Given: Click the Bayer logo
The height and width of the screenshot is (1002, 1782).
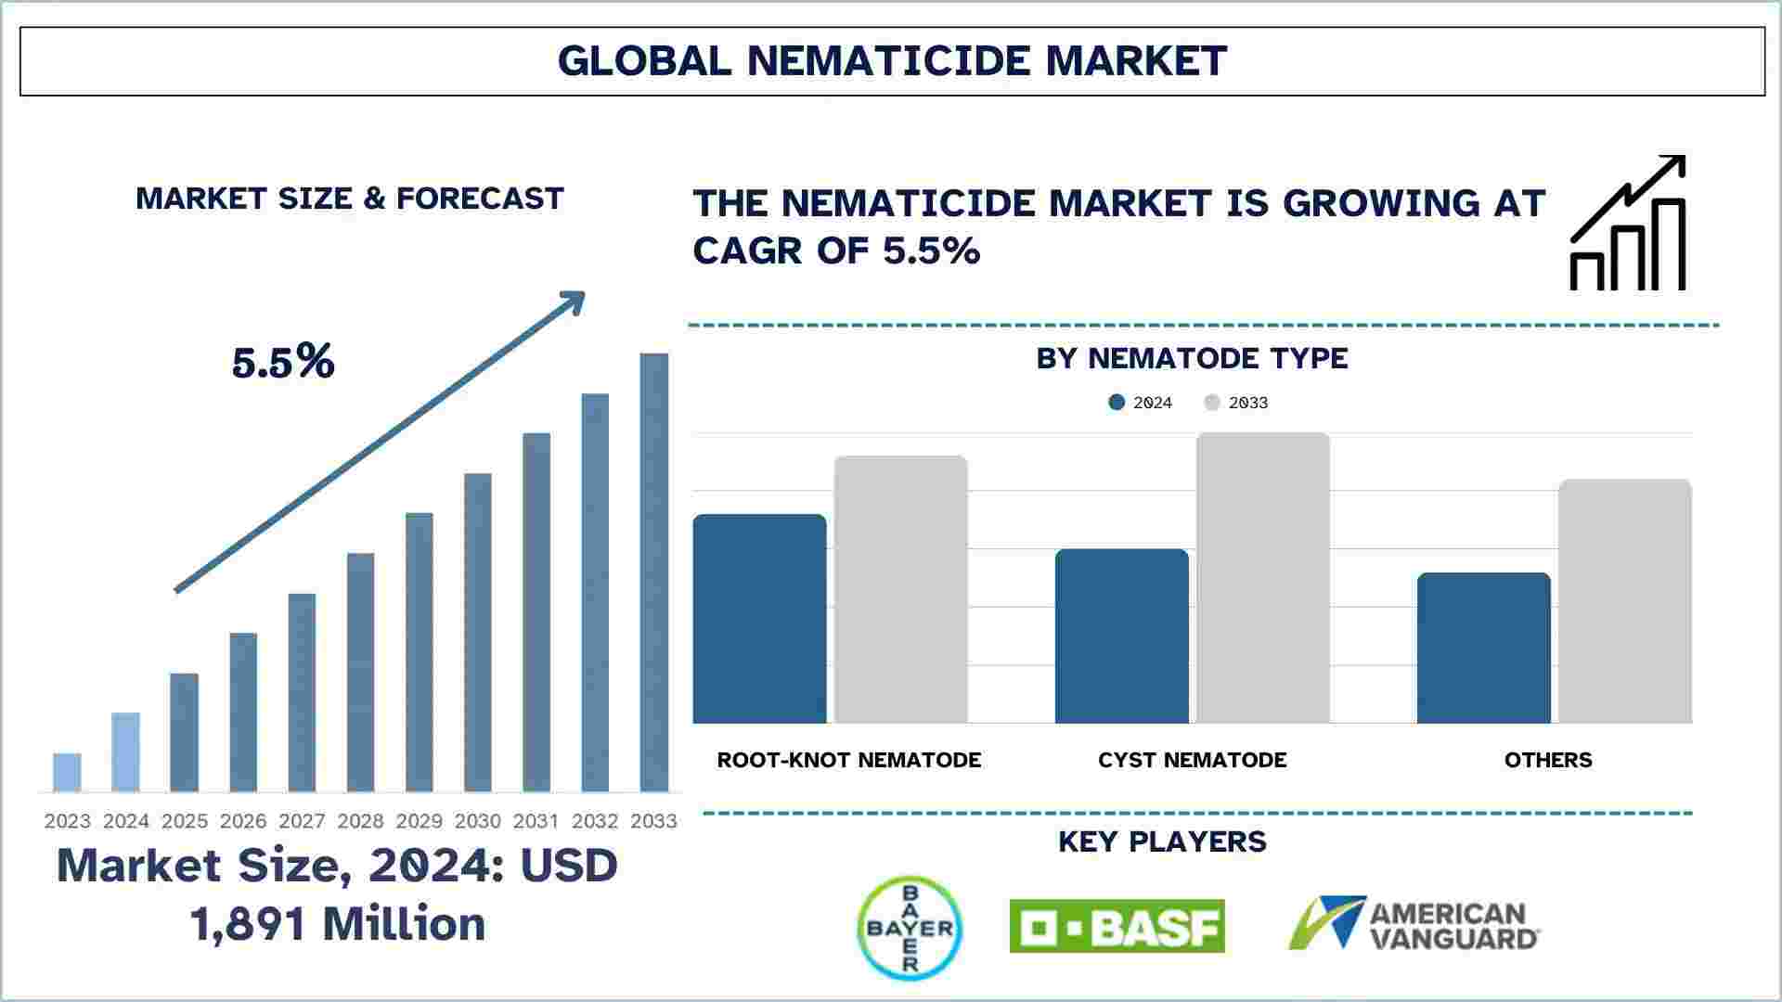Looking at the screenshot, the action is point(910,928).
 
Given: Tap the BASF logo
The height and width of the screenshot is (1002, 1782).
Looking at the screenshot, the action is point(1117,926).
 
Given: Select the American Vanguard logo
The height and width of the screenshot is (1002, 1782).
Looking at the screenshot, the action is point(1414,924).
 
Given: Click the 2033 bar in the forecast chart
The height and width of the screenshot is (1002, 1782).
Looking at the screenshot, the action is point(653,572).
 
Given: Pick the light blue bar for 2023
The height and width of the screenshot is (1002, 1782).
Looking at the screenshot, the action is point(67,773).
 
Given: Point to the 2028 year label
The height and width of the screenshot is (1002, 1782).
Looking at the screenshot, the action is point(360,821).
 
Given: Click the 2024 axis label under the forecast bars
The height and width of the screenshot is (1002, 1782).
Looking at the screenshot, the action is point(126,821).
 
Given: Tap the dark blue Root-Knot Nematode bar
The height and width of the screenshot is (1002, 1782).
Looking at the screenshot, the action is point(759,619).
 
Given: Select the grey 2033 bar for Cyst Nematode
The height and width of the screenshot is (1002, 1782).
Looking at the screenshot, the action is point(1262,578).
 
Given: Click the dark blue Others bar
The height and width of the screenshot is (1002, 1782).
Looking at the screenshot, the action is point(1483,649).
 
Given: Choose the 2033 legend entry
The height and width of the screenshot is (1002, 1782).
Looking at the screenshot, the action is point(1236,403).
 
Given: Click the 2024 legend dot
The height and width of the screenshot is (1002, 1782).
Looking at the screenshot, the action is point(1117,403).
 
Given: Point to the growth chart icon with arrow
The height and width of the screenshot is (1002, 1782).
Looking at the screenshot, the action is point(1627,223).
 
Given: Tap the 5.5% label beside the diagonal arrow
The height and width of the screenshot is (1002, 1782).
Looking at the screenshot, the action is point(283,362).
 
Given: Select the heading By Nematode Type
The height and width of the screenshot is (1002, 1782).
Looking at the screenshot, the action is point(1192,358).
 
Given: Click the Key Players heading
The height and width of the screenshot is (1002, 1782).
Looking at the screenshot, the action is point(1162,841).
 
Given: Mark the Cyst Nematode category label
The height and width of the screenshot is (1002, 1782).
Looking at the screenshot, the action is point(1192,760).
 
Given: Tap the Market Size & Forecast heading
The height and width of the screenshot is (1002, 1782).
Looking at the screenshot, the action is point(350,199).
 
